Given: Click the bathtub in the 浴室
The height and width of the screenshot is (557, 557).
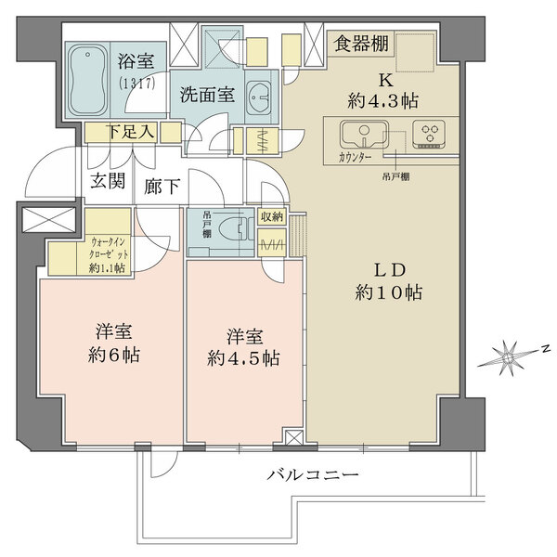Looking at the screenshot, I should pos(91,80).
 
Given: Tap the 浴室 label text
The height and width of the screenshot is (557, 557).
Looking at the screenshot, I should pos(135,63).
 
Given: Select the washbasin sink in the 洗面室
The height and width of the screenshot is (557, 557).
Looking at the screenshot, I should pos(261,96).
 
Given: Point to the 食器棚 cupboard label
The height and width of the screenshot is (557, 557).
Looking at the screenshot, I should pos(362,44).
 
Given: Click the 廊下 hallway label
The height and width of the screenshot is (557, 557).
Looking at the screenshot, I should pos(162,187).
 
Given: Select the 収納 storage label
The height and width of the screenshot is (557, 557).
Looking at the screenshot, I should pos(273,217).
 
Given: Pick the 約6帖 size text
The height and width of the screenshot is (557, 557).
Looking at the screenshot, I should pos(111,355).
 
